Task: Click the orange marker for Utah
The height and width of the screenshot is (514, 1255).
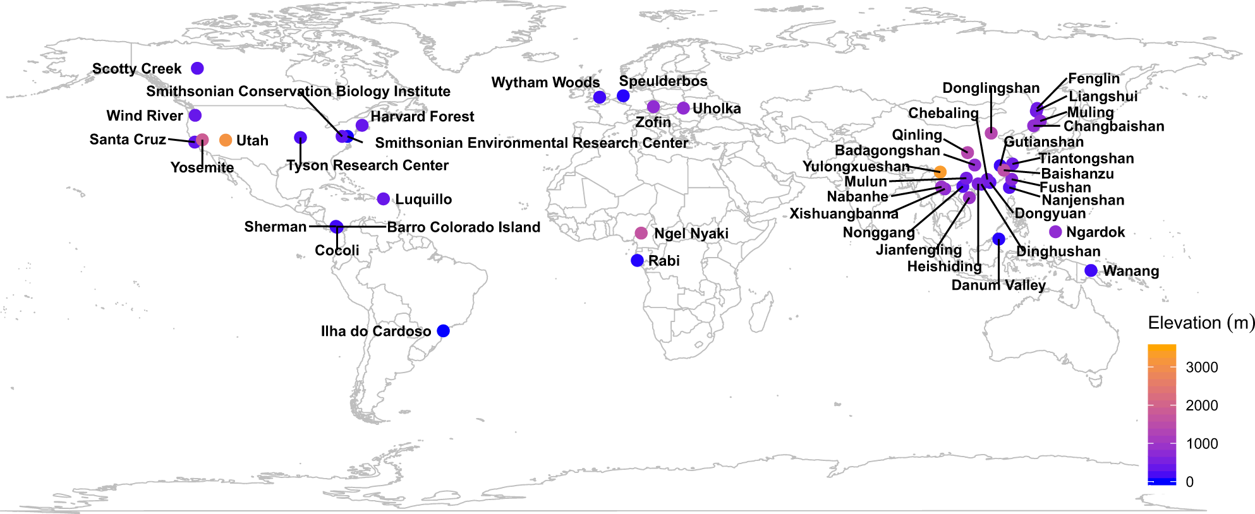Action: tap(226, 140)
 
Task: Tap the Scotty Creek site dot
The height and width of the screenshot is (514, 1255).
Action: tap(197, 68)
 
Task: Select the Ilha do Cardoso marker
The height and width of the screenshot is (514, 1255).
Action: tap(443, 331)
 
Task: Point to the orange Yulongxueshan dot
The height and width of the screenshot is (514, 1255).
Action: tap(940, 172)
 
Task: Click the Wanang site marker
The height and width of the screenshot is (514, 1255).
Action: tap(1091, 271)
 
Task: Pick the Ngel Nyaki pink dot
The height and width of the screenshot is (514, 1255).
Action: tap(641, 233)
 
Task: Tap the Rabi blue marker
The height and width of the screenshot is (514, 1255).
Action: tap(637, 261)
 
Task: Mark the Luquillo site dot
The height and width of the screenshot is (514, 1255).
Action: tap(383, 199)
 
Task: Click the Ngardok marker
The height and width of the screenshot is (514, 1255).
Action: tap(1055, 232)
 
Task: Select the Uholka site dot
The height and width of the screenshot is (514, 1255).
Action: tap(683, 108)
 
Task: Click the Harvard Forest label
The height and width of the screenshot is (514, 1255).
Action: tap(422, 117)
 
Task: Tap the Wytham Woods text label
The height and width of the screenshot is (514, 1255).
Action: tap(545, 83)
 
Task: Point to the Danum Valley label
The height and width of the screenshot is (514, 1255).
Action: tap(998, 285)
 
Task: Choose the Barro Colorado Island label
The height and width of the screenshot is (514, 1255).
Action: tap(463, 227)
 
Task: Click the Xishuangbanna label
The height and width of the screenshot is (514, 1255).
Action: tap(844, 214)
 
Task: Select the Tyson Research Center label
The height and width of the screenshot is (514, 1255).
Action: tap(367, 165)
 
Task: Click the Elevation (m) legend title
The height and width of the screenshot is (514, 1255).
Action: tap(1201, 323)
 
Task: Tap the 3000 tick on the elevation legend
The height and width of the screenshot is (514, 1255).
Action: tap(1201, 368)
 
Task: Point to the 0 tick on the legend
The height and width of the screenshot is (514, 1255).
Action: tap(1189, 482)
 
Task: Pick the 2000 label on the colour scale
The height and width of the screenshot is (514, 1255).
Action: tap(1201, 405)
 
